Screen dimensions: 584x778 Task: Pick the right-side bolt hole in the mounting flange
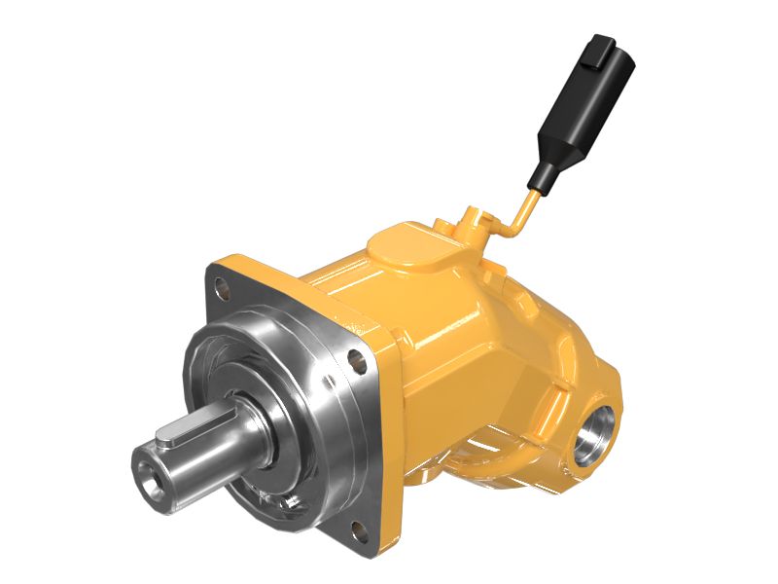[x=364, y=355]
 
